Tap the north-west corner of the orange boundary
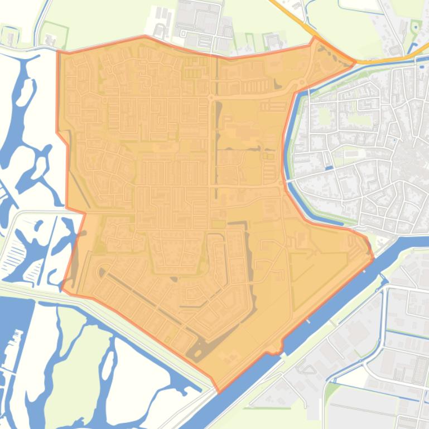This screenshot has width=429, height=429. [x=58, y=52]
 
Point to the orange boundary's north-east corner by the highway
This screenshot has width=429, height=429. [x=354, y=62]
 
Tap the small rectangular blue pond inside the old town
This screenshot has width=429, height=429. [x=329, y=167]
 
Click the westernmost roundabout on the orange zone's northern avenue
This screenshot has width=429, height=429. [x=211, y=97]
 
